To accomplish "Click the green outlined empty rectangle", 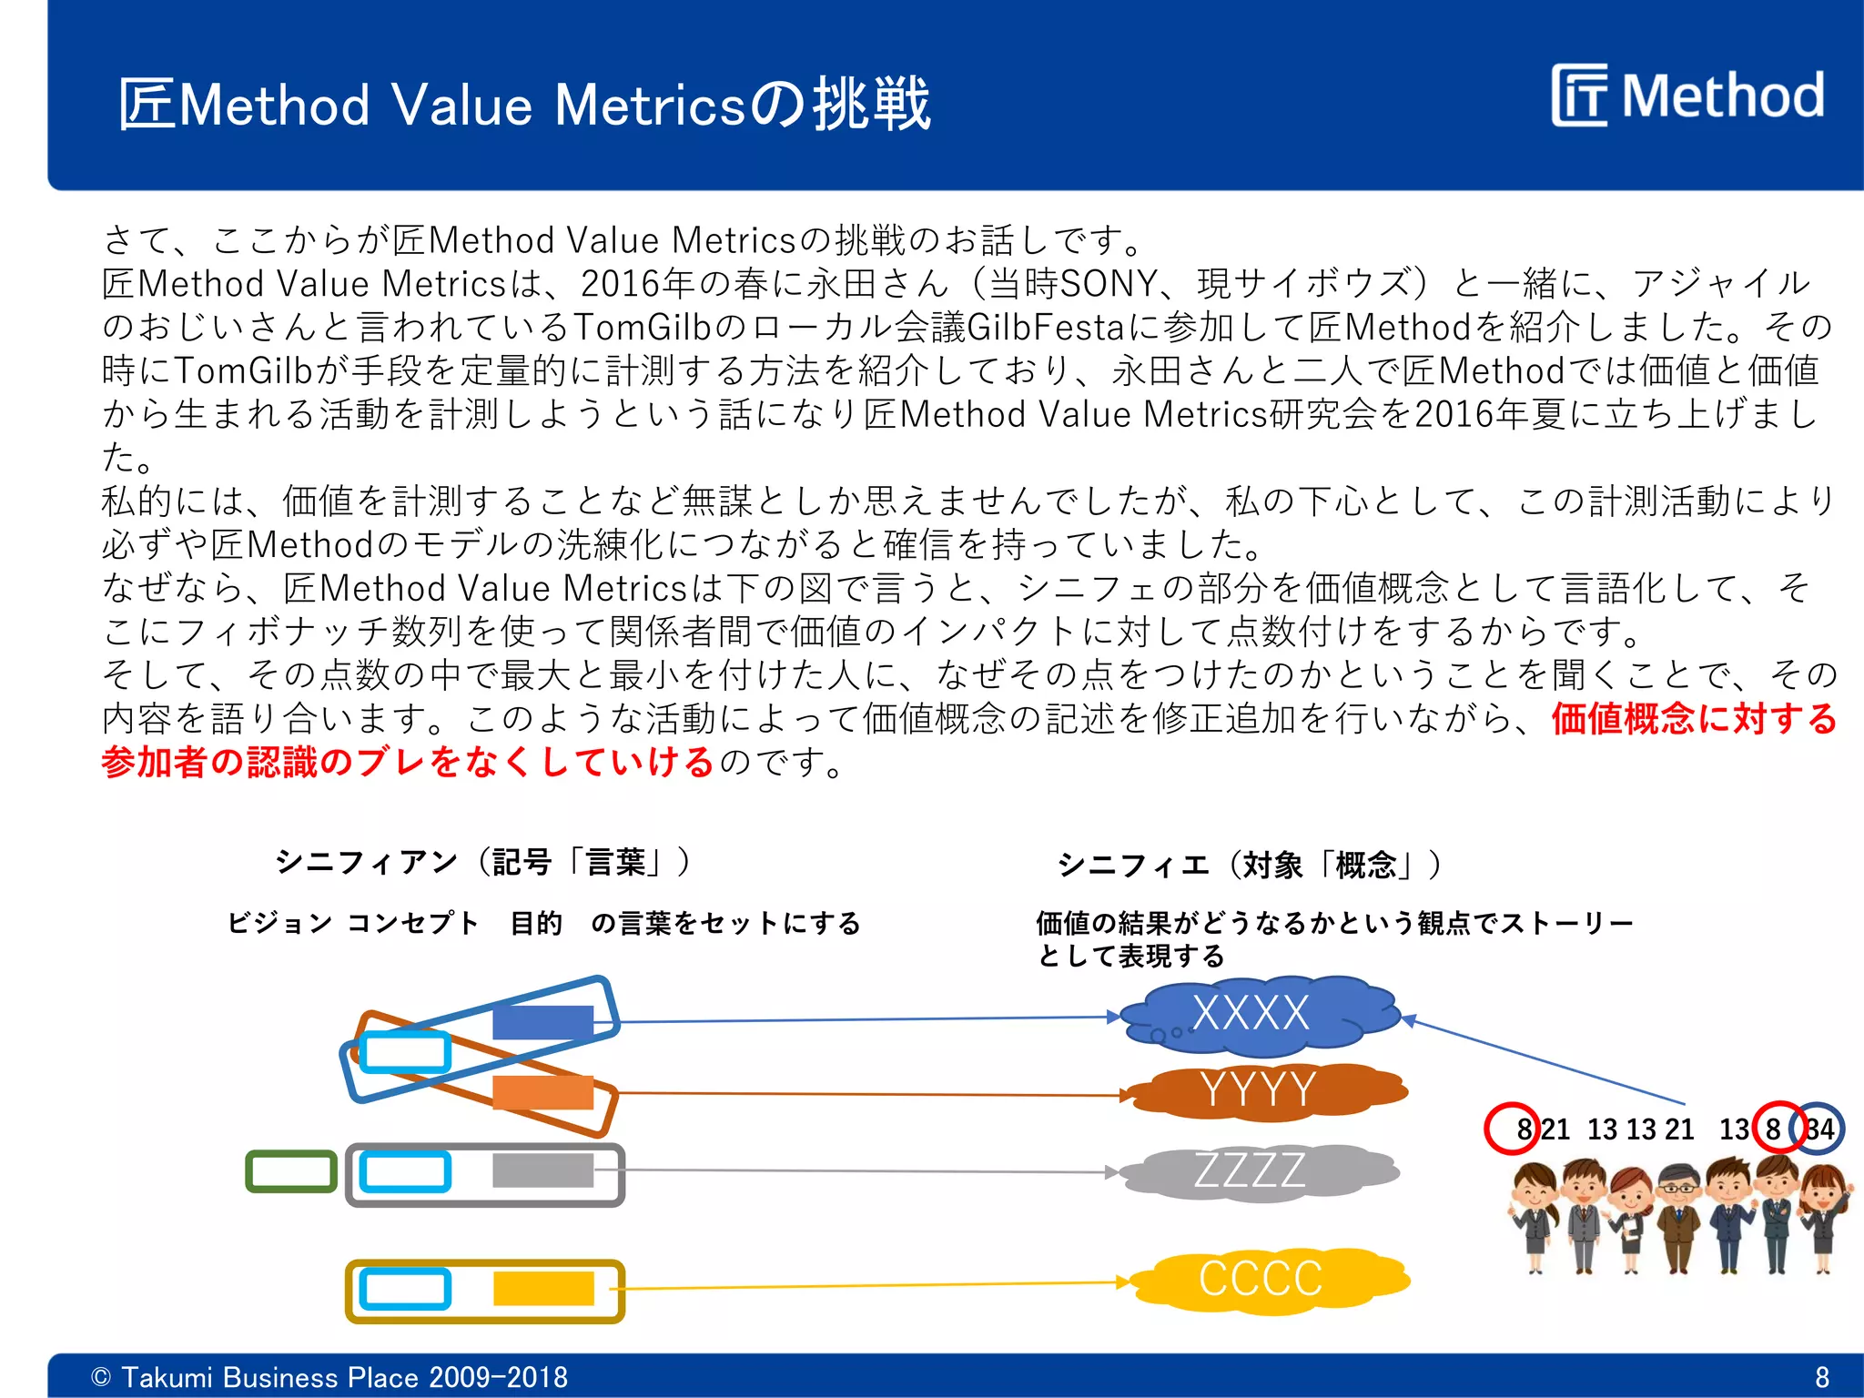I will pos(291,1171).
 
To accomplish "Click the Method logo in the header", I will pos(1688,96).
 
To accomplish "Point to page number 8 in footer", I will pos(1821,1377).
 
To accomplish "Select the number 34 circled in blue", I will pos(1818,1130).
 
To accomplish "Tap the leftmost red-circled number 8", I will pos(1523,1130).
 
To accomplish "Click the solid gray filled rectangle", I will pos(542,1170).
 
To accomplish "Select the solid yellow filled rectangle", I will pos(543,1289).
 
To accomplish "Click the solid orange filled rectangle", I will pos(543,1092).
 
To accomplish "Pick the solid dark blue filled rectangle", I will pos(543,1022).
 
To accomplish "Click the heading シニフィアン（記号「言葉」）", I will pos(482,861).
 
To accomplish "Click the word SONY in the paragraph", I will pos(1109,284).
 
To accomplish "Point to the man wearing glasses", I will pos(1677,1220).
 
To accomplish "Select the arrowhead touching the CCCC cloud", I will pos(1124,1282).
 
